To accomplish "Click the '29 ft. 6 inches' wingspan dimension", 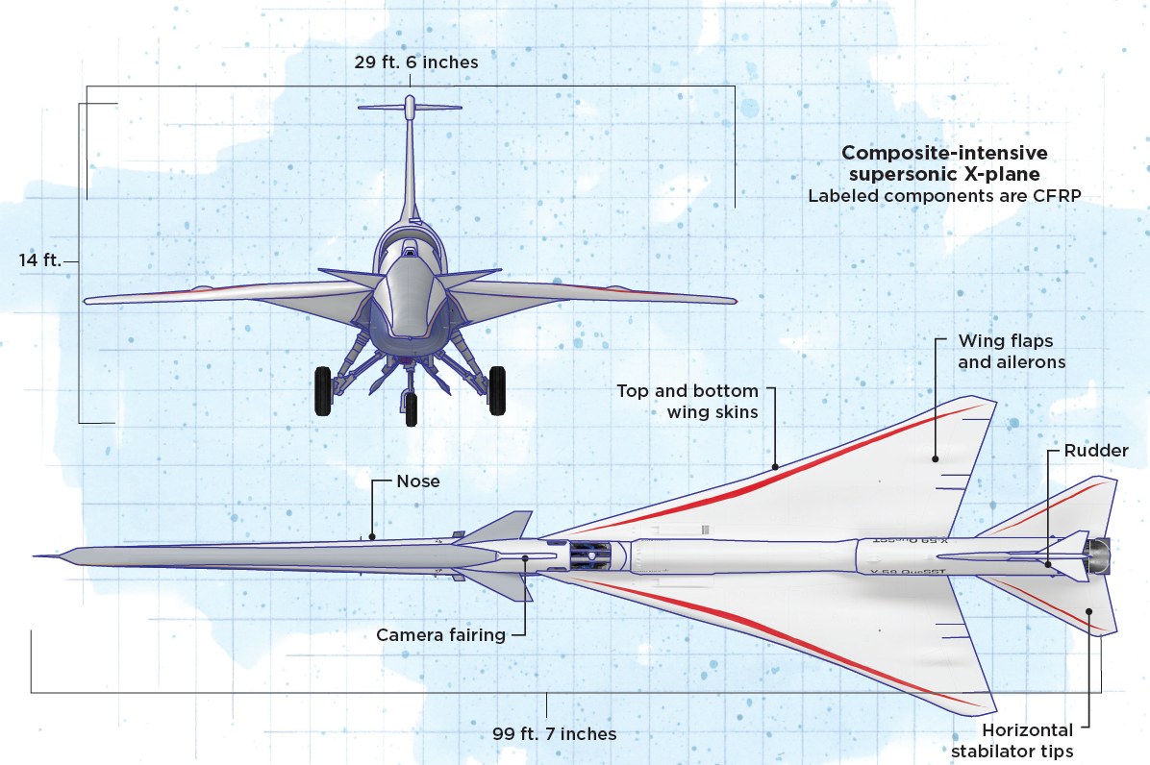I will click(x=415, y=62).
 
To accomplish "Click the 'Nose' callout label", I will click(x=418, y=481).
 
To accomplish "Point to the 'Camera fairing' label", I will click(x=440, y=634).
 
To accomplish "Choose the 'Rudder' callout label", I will click(x=1096, y=451).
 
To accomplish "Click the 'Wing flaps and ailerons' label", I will click(x=1005, y=352).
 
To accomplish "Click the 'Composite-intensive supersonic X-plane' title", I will click(x=944, y=163).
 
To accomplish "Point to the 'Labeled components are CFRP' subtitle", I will click(x=944, y=196).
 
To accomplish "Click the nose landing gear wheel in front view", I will click(x=412, y=407).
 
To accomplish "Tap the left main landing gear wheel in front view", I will click(x=322, y=390).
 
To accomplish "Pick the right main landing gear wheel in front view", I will click(x=497, y=390).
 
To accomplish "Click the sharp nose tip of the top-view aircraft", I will click(x=36, y=555).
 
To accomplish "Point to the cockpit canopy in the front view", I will click(x=411, y=252).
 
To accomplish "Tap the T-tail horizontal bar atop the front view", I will click(x=411, y=107).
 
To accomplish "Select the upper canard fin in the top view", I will click(x=504, y=526).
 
